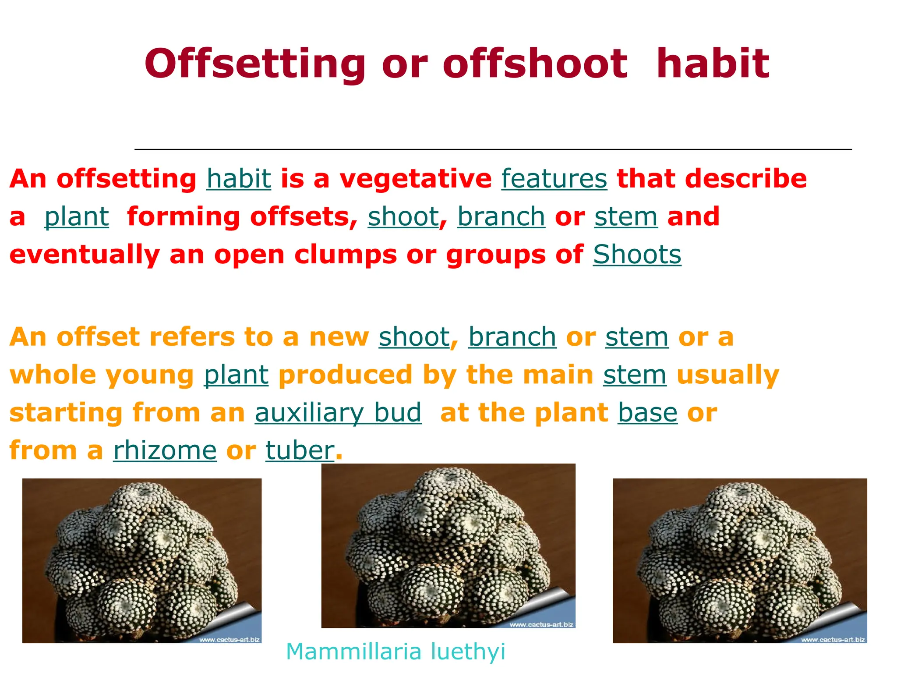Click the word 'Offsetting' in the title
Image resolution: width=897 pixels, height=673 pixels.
click(x=255, y=64)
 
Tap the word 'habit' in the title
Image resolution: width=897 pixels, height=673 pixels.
click(x=713, y=64)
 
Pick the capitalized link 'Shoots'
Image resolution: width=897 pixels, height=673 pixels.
click(x=637, y=255)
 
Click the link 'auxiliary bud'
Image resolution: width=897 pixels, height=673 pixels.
click(x=338, y=413)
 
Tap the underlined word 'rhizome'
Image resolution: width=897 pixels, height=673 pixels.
click(x=165, y=450)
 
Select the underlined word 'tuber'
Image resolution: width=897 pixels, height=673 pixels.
click(x=300, y=450)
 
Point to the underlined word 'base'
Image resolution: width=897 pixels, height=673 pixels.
click(x=647, y=413)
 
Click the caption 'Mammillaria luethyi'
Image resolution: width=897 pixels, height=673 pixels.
click(x=396, y=652)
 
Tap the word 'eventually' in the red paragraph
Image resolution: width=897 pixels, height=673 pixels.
click(x=85, y=255)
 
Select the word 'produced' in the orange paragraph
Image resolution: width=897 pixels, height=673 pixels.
click(x=346, y=375)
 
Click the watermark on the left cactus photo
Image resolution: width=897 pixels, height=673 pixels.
click(x=230, y=640)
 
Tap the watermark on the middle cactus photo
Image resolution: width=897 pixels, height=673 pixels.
click(x=541, y=624)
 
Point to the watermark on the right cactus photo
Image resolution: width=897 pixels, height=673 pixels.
click(x=833, y=640)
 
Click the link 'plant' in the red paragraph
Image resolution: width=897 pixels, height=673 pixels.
click(x=77, y=217)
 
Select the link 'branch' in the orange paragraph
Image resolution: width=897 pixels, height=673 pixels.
click(x=512, y=337)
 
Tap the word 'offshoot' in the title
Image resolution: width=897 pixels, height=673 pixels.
click(x=535, y=64)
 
